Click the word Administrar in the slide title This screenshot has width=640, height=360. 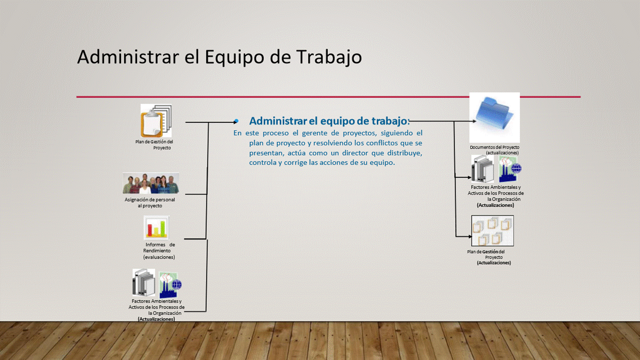(x=128, y=56)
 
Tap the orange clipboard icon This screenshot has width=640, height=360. (x=156, y=120)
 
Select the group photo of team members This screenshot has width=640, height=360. (x=151, y=183)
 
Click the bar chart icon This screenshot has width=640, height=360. (x=156, y=227)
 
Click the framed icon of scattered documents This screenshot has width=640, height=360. (x=492, y=231)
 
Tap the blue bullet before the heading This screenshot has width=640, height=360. (x=236, y=121)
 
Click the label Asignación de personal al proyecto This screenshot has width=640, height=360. (x=149, y=202)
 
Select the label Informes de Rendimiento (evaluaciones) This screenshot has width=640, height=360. (x=159, y=251)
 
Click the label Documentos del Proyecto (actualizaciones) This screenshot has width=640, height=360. (x=494, y=150)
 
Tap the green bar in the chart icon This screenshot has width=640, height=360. (x=162, y=228)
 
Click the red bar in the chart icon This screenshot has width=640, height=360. (x=149, y=230)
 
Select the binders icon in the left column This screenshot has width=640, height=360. (x=143, y=282)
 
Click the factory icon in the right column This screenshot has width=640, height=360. (x=510, y=169)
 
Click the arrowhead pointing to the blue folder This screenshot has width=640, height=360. (x=474, y=121)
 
